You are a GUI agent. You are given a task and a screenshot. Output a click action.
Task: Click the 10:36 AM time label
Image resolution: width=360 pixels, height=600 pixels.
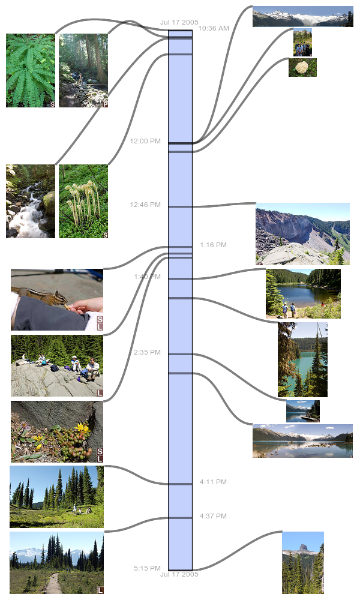213,28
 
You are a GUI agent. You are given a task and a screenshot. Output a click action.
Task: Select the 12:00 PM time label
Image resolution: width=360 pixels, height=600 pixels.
145,141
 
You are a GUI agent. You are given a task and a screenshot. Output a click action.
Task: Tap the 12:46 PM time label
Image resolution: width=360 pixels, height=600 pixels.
145,205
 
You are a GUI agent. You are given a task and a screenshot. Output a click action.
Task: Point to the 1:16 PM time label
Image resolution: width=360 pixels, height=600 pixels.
213,245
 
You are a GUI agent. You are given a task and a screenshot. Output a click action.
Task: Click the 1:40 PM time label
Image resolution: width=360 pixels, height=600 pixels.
147,277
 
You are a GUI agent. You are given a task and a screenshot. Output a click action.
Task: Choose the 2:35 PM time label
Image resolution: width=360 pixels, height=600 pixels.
147,352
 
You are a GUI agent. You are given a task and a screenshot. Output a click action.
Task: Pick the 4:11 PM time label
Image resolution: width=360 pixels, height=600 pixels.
213,482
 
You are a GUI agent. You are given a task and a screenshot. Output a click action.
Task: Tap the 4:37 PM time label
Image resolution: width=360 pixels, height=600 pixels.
213,516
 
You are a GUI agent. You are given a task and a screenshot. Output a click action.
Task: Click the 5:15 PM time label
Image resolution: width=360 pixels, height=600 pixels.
147,568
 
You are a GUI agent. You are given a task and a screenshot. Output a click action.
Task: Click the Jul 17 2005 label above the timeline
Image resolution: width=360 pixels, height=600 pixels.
179,22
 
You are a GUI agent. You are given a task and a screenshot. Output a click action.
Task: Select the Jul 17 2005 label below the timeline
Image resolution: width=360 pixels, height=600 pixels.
179,574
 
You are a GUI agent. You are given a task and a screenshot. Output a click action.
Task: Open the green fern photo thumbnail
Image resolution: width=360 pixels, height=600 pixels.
31,70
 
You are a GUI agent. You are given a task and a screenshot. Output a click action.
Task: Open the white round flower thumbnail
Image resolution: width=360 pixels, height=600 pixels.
302,67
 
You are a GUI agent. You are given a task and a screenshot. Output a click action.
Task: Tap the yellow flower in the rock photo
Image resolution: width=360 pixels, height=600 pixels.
82,428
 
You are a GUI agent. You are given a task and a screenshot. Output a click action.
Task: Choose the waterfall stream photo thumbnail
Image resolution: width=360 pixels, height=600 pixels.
31,201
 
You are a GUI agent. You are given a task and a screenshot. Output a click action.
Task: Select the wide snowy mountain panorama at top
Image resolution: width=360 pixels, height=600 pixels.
302,16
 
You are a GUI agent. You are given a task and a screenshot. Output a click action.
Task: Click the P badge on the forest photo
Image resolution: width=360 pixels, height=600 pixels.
105,104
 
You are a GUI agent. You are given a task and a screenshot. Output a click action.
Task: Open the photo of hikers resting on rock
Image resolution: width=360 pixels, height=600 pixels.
57,365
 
